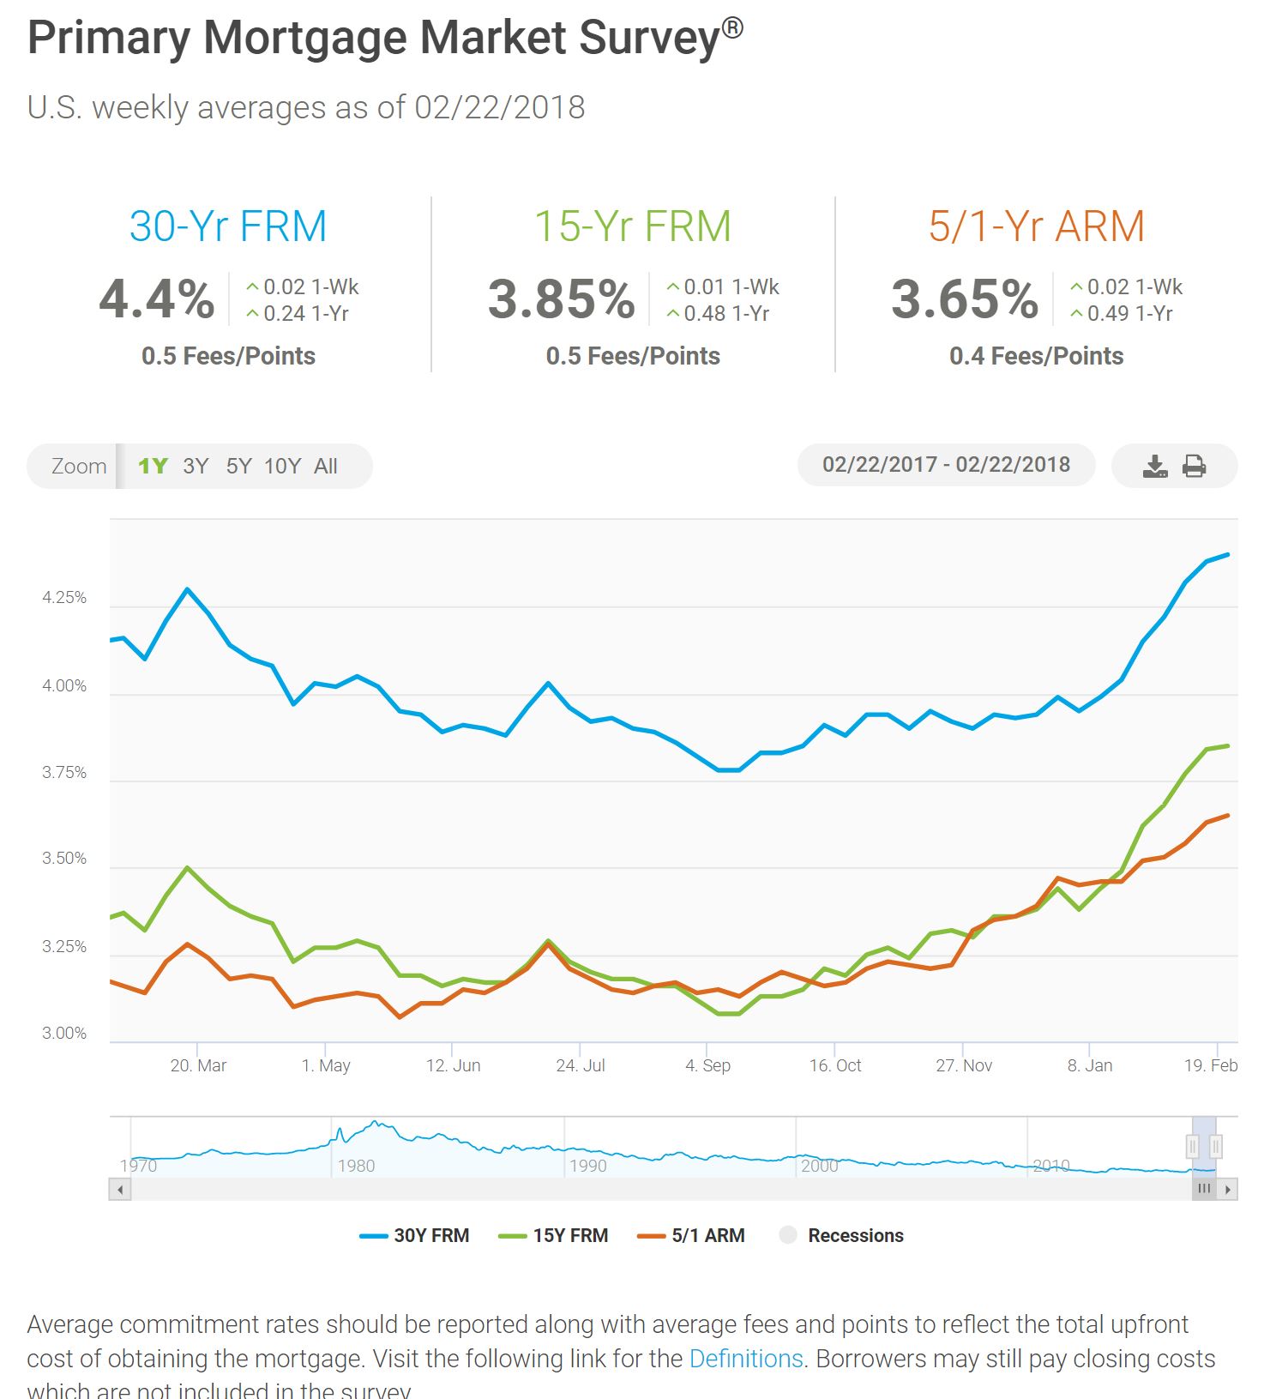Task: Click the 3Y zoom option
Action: tap(196, 466)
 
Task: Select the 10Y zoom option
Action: tap(282, 466)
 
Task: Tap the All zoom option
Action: tap(326, 466)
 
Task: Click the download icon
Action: tap(1155, 466)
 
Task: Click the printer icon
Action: tap(1194, 466)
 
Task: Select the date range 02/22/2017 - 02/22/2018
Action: tap(946, 465)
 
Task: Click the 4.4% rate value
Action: tap(157, 298)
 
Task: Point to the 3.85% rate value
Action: tap(562, 298)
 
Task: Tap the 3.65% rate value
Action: tap(965, 298)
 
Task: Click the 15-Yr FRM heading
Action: tap(633, 226)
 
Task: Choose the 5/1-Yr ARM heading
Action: tap(1036, 226)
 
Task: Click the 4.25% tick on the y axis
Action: tap(64, 598)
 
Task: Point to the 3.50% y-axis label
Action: tap(64, 859)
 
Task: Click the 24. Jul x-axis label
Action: tap(581, 1065)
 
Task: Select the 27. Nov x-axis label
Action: tap(964, 1065)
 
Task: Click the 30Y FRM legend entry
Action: tap(415, 1235)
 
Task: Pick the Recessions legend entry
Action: tap(841, 1235)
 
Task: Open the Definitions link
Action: tap(746, 1359)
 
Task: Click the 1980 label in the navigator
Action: tap(356, 1166)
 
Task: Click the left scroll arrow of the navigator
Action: tap(120, 1190)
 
